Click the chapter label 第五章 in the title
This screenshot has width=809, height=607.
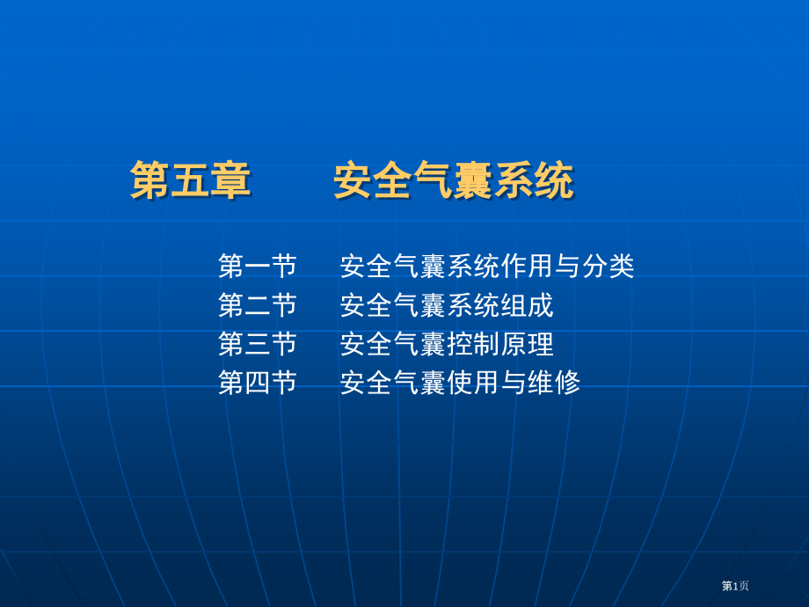pos(191,181)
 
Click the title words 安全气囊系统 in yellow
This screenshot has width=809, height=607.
pos(453,181)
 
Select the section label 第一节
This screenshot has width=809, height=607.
pos(258,266)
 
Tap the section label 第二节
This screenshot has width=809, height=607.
pos(258,305)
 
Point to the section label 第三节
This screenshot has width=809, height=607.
pos(258,344)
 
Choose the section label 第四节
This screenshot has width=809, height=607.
pos(258,383)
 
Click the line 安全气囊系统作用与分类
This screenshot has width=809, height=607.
pos(486,266)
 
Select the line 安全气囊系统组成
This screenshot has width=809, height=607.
pos(447,305)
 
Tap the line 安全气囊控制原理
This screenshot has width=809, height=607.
pos(447,344)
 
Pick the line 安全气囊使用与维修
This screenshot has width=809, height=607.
pos(460,383)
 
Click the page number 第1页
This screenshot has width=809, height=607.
pos(735,585)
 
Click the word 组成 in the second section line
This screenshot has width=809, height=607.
pos(528,305)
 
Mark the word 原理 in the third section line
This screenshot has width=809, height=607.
pos(528,344)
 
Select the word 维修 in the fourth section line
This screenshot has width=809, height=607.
pos(554,383)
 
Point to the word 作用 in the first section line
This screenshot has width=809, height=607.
pos(528,266)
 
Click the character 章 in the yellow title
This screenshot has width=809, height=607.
pos(231,181)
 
